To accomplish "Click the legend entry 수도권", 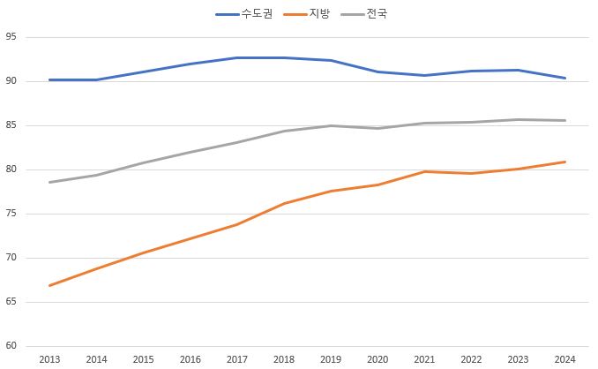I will click(246, 14).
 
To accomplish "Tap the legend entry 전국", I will click(376, 14).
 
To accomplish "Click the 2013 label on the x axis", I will click(49, 359).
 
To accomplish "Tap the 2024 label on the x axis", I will click(564, 359).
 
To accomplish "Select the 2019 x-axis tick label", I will click(331, 359).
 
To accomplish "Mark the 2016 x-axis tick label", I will click(190, 359).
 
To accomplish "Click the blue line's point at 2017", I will click(236, 57).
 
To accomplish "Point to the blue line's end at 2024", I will click(564, 78).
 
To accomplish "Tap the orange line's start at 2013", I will click(49, 285).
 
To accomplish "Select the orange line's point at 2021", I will click(424, 171).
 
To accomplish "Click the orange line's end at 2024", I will click(564, 162).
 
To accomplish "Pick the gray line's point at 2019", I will click(331, 125).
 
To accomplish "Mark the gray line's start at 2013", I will click(49, 182).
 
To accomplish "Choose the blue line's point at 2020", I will click(377, 72).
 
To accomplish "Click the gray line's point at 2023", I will click(518, 119).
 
